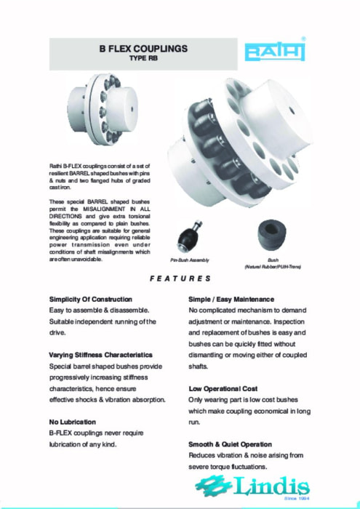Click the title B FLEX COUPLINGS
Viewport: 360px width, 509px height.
tap(143, 49)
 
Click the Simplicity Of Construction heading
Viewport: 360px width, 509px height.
tap(90, 300)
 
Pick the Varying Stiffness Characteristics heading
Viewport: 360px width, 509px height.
tap(100, 355)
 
